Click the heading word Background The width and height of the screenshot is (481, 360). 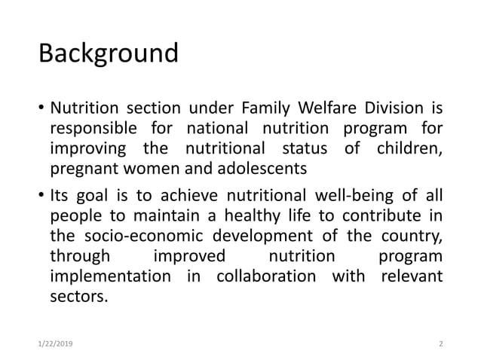[109, 55]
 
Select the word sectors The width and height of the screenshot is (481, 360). [78, 296]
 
